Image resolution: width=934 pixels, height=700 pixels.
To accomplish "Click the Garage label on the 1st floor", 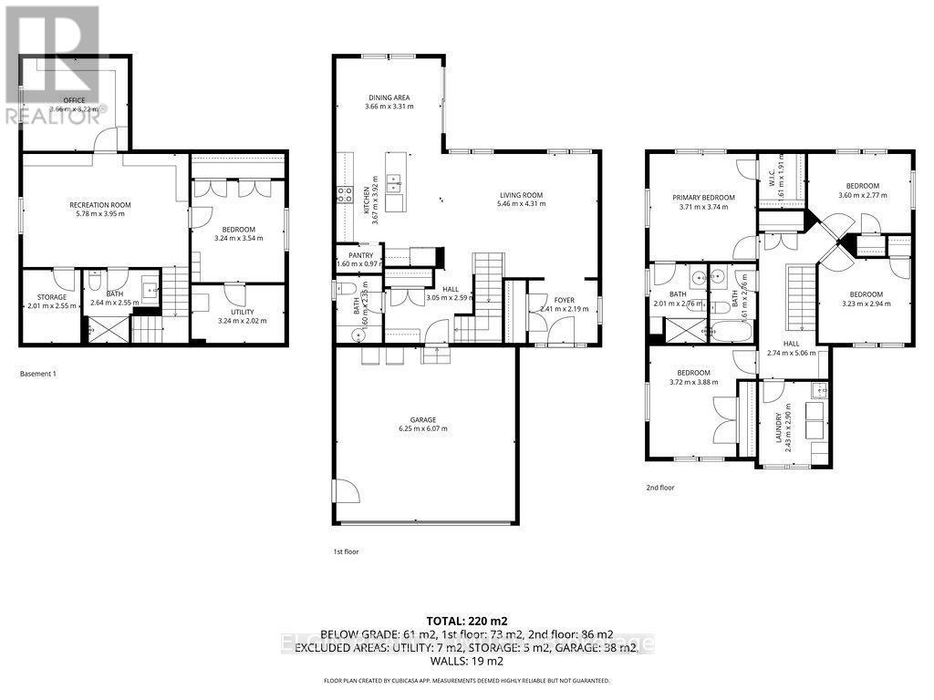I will [422, 419].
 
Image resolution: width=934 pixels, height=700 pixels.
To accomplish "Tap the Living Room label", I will [521, 194].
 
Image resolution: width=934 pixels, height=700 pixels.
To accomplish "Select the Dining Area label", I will [389, 98].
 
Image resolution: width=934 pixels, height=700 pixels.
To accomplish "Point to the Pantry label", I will [360, 255].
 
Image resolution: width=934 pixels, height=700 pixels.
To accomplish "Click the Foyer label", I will [564, 299].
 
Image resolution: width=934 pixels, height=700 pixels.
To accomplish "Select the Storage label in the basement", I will [52, 296].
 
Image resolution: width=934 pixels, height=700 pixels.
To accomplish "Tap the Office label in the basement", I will [73, 99].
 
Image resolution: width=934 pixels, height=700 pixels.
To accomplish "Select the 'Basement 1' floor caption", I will [38, 374].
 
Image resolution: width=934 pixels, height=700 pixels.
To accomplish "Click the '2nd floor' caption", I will [659, 488].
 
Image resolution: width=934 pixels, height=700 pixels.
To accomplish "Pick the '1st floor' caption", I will [347, 551].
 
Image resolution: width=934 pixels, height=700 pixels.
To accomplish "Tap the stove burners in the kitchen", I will [346, 193].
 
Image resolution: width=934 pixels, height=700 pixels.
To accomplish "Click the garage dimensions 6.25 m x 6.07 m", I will [422, 429].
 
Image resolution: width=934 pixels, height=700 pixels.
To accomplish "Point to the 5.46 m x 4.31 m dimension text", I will [521, 204].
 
